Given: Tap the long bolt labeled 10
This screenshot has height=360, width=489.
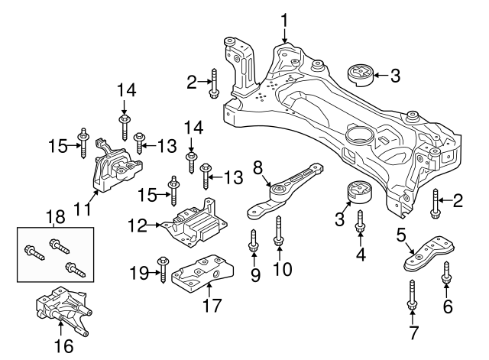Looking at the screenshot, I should (x=279, y=232).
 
